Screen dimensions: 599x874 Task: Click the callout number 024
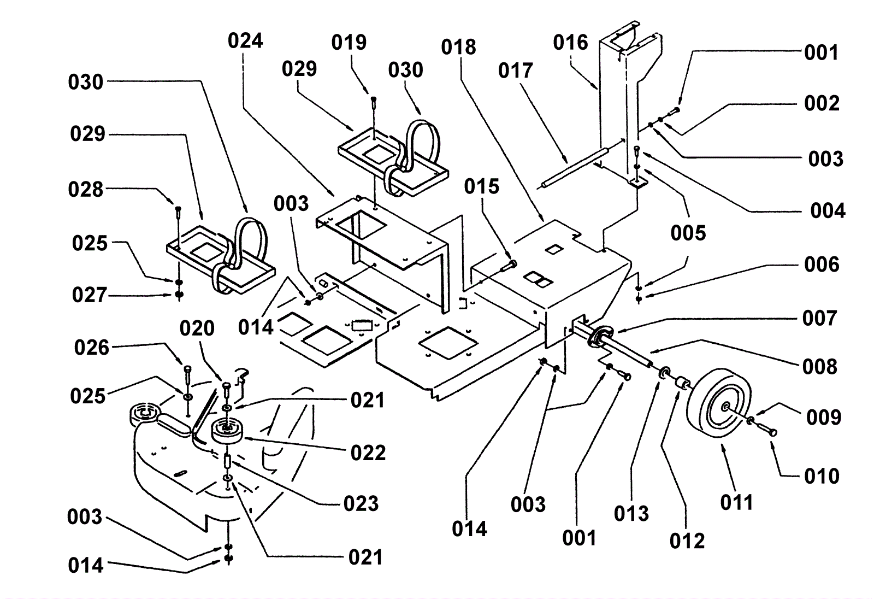point(245,41)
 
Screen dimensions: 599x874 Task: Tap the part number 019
point(349,43)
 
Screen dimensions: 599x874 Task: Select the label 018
point(458,48)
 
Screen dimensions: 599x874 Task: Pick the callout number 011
point(736,502)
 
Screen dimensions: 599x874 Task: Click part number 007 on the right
point(819,318)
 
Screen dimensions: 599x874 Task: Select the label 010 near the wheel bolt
point(821,476)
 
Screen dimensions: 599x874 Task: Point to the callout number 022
point(368,453)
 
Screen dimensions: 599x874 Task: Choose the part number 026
point(92,348)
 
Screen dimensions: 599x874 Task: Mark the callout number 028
point(85,190)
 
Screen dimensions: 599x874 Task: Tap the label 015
point(481,187)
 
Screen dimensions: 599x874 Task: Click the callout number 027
point(89,295)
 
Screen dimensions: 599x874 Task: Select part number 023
point(361,503)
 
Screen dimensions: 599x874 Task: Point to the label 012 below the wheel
point(687,541)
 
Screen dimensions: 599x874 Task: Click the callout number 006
point(821,265)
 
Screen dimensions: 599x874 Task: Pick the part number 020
point(197,328)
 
